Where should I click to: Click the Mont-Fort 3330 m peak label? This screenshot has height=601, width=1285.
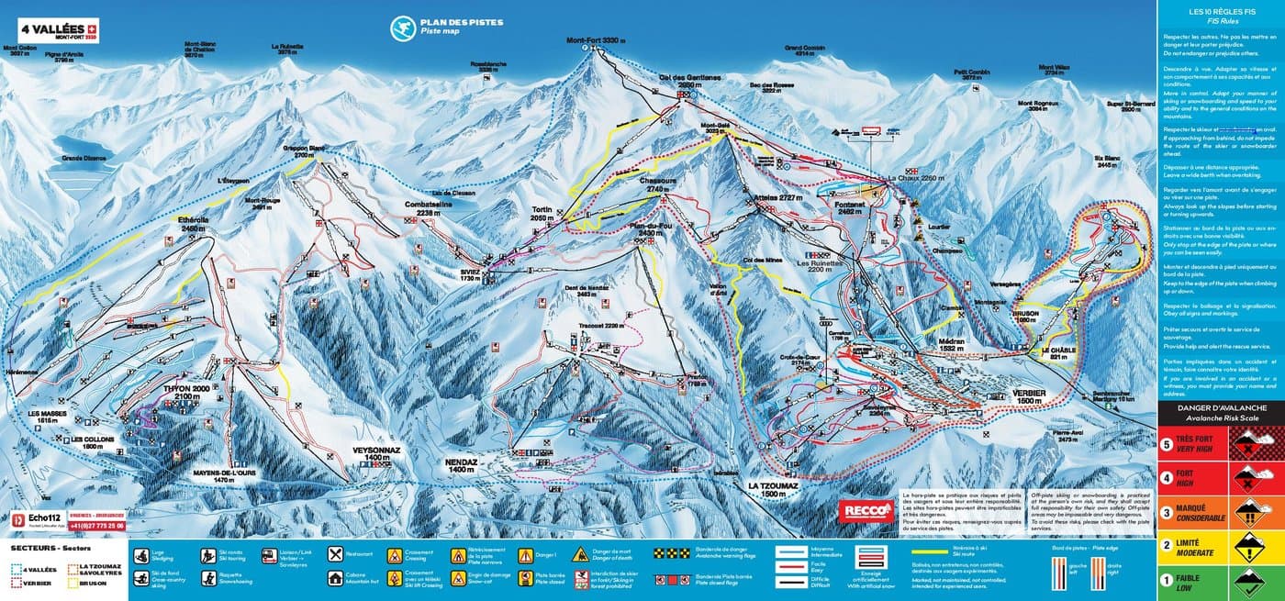coord(596,40)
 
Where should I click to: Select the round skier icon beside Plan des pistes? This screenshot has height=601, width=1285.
coord(402,28)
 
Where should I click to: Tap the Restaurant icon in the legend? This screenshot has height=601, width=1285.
coord(337,554)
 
